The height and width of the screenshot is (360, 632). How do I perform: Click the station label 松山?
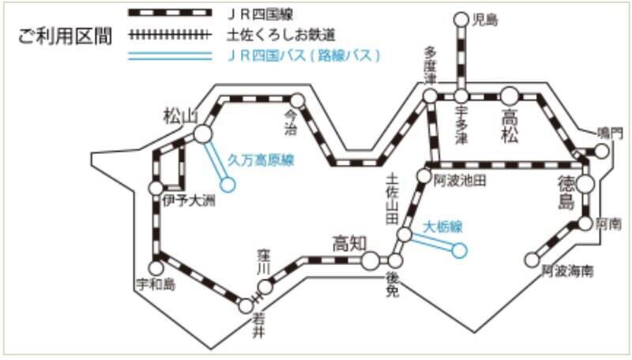(179, 116)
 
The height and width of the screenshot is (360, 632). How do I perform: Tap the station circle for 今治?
(297, 101)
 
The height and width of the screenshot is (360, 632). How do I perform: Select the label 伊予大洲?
(188, 201)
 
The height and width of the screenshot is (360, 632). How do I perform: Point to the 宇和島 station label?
(155, 283)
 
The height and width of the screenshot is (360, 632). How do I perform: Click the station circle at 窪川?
(266, 286)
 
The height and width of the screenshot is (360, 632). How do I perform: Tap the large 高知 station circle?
(370, 261)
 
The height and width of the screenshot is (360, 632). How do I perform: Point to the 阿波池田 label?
(459, 180)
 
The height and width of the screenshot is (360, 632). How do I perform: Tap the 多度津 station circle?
(429, 96)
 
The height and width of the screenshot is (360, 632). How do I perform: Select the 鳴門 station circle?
(602, 152)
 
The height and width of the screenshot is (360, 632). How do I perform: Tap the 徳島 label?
(566, 193)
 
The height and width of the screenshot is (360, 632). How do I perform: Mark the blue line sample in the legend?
(170, 55)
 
